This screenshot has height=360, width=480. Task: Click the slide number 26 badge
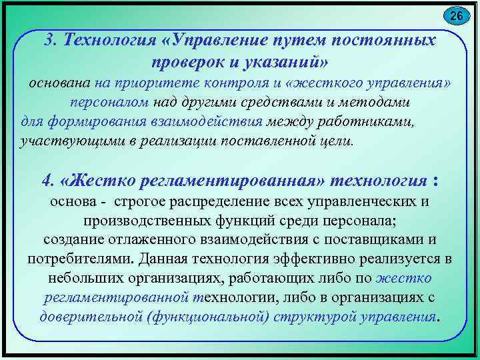456,15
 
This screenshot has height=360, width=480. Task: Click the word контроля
243,85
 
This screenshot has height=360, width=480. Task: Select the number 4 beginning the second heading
46,181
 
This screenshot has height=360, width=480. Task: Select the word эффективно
308,259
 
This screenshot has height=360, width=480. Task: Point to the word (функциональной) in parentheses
212,315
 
